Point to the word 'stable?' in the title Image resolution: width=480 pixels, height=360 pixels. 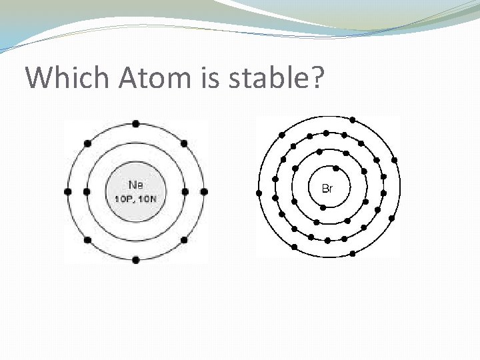(x=279, y=78)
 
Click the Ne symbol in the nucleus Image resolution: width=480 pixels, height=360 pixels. (x=135, y=185)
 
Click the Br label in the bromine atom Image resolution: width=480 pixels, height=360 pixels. (x=327, y=189)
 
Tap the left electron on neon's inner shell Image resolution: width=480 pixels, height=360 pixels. (x=87, y=191)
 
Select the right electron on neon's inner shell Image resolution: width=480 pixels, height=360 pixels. (x=185, y=191)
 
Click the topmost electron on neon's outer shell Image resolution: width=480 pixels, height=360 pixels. (x=136, y=123)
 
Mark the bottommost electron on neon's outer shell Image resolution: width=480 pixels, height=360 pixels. (x=136, y=259)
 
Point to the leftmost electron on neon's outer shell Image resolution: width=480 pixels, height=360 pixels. (x=67, y=191)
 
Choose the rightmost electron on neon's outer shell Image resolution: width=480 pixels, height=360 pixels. (x=204, y=191)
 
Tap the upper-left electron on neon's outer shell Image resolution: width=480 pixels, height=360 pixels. (x=87, y=143)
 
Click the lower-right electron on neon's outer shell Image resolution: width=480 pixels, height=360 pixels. (x=184, y=239)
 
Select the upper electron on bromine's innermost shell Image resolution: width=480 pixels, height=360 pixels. (x=336, y=169)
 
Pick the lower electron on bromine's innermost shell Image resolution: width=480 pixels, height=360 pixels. (x=323, y=207)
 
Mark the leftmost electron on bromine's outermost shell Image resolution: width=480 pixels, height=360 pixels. (x=259, y=193)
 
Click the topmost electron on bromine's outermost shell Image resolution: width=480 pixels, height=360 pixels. (x=353, y=120)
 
